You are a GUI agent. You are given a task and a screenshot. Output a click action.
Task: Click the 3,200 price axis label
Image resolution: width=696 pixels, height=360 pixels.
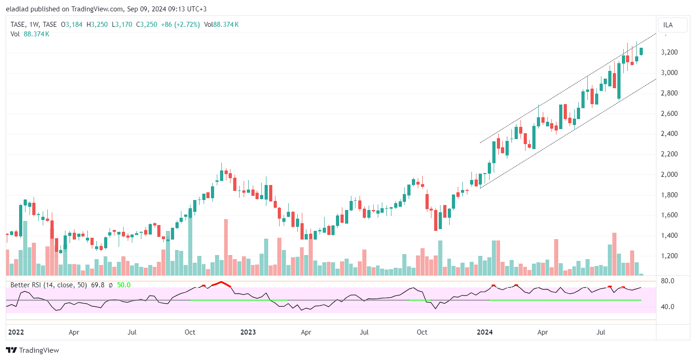669,52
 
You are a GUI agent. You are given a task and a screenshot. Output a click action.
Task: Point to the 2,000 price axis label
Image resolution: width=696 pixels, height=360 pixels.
669,175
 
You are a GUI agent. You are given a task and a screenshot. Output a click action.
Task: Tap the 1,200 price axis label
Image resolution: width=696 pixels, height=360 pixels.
669,256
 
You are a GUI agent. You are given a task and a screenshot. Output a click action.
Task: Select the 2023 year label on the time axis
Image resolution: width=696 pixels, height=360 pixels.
248,332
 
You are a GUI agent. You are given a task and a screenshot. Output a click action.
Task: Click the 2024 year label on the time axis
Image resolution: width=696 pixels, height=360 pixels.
485,332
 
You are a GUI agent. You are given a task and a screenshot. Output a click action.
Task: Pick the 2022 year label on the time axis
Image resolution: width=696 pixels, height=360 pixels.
16,332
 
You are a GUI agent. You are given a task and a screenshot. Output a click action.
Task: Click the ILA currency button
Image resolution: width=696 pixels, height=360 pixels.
668,25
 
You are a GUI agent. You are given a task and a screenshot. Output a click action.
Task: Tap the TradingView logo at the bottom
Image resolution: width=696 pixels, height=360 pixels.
32,350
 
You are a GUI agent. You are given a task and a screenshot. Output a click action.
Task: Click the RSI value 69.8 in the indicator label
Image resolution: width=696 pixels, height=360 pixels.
98,285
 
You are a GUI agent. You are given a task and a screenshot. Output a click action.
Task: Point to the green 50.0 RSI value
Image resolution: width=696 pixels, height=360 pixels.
124,285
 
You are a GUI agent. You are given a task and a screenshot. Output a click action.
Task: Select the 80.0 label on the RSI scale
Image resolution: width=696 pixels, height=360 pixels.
667,281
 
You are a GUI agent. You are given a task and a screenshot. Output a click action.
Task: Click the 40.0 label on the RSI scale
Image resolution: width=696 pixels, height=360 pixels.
667,307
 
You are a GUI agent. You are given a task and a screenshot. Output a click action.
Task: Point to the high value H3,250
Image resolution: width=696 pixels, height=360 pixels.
97,25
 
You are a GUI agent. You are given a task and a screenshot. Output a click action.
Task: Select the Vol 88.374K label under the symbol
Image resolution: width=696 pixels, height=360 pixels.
30,34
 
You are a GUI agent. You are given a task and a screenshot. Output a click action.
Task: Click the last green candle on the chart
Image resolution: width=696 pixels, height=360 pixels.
641,51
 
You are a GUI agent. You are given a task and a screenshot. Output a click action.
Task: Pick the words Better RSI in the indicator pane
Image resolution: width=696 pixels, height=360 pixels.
26,285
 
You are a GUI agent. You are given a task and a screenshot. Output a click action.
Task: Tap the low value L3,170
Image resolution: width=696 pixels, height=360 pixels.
122,25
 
